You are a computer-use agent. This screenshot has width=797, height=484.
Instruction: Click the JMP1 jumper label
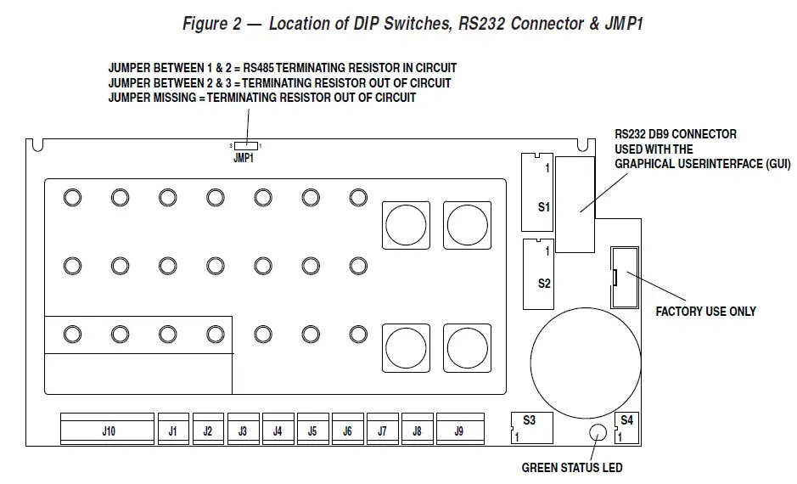(244, 159)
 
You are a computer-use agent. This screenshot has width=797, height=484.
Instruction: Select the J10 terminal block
(108, 430)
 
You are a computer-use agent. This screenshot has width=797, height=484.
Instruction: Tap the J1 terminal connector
(173, 430)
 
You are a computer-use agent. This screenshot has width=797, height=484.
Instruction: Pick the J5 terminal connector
(312, 430)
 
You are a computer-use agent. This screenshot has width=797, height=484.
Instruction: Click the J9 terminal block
(459, 430)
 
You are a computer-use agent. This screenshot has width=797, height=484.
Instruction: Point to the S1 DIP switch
(536, 192)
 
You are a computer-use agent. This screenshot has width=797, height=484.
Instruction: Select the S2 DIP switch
(537, 272)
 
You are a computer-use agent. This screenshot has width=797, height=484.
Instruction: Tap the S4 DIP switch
(626, 427)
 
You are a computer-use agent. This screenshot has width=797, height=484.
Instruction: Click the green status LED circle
(598, 433)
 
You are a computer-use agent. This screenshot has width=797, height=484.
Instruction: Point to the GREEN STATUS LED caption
(571, 468)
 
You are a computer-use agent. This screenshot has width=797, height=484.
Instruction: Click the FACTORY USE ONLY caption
(705, 312)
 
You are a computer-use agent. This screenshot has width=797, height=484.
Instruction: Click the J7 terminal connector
(382, 430)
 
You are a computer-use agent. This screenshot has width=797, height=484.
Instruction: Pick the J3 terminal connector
(243, 430)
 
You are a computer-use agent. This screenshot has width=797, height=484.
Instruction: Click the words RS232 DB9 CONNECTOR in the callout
(676, 134)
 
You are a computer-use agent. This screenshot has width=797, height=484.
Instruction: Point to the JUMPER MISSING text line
(261, 98)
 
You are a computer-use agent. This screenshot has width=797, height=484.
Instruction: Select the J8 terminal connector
(417, 430)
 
